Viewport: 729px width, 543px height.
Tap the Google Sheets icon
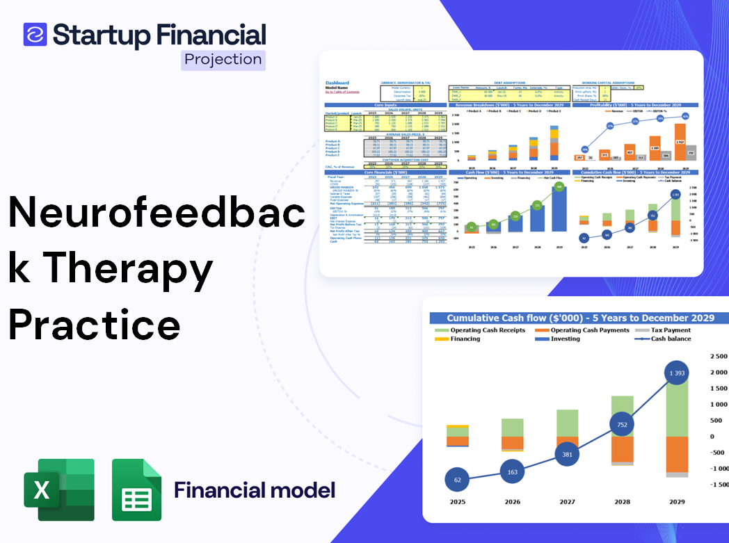pyautogui.click(x=136, y=489)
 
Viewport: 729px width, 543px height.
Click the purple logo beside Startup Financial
pyautogui.click(x=35, y=34)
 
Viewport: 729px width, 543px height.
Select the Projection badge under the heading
pyautogui.click(x=223, y=59)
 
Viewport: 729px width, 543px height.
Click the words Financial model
pyautogui.click(x=255, y=489)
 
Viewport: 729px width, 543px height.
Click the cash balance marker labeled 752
pyautogui.click(x=621, y=425)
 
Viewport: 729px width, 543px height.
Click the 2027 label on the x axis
pyautogui.click(x=567, y=502)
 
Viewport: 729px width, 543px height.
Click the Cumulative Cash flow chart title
pyautogui.click(x=580, y=317)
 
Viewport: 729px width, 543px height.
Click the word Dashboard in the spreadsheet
pyautogui.click(x=337, y=83)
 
